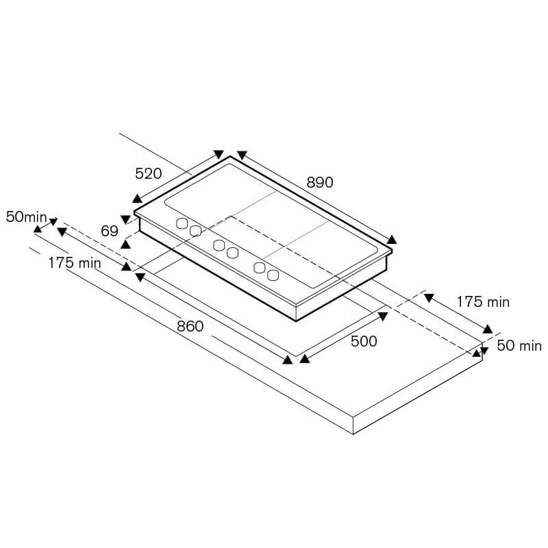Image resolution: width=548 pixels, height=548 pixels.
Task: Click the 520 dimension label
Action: pos(149,174)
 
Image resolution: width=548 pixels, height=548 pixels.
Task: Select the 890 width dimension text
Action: pos(320,182)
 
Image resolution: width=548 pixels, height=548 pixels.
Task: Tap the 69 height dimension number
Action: pos(110,231)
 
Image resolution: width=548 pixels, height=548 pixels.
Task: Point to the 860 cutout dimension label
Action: pos(190,326)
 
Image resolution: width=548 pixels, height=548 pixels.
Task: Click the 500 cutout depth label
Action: pos(364,341)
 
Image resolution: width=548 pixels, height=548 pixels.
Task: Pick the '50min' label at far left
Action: pos(27,217)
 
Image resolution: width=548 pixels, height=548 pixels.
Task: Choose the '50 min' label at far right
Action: pos(519,346)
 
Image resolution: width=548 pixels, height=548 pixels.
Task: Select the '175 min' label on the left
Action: pos(75,263)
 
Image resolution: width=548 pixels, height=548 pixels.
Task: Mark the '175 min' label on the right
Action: pos(483,302)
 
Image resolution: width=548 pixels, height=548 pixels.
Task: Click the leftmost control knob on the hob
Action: pos(182,223)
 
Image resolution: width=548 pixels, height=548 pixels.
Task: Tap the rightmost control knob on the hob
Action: pos(273,275)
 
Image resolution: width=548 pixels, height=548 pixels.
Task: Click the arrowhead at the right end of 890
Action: pos(392,239)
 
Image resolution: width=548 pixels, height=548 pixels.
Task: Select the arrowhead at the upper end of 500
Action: pos(383,316)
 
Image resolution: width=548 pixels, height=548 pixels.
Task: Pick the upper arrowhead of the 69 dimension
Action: pos(125,219)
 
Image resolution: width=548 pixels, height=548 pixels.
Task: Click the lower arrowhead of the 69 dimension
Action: pos(125,244)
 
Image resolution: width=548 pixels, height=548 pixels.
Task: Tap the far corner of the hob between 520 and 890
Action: pos(230,156)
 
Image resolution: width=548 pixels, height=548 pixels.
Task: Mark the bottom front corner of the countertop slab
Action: pos(353,434)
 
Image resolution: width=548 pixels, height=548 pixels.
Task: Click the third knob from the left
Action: pos(219,245)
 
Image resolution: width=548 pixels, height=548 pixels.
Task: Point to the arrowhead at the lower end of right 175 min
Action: pos(488,329)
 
